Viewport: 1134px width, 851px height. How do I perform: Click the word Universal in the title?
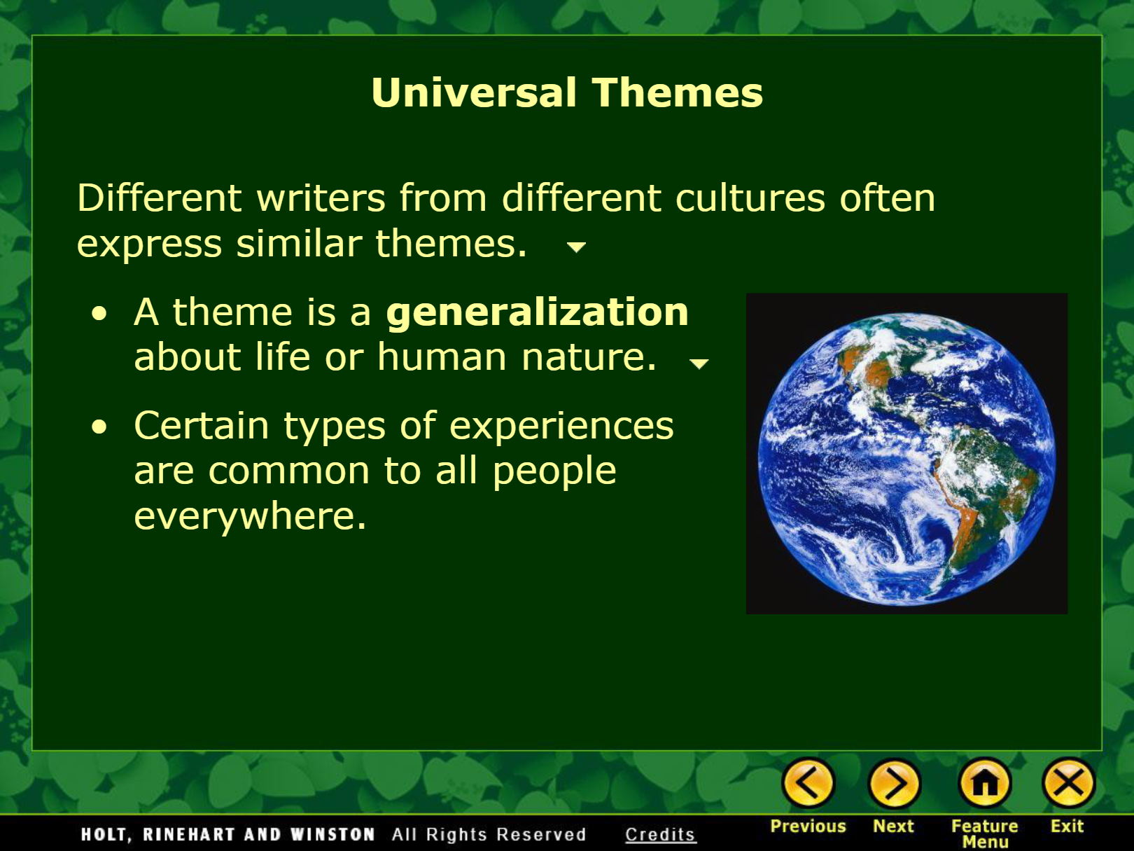point(473,92)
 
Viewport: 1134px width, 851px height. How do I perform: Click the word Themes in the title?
point(677,92)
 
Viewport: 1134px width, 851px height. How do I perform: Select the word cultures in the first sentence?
point(750,198)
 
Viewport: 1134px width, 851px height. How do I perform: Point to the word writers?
point(321,198)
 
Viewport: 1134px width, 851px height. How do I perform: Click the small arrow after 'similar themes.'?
point(576,247)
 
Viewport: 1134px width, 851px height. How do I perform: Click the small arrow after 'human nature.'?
point(699,364)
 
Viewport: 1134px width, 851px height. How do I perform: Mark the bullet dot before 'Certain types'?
point(99,427)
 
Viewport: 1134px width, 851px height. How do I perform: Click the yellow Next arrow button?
point(894,783)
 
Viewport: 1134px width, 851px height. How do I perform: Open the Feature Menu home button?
point(985,783)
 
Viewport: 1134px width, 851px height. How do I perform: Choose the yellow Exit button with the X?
point(1068,783)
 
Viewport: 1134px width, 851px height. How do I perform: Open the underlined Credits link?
point(660,834)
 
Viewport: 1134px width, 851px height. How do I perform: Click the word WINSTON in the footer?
point(332,834)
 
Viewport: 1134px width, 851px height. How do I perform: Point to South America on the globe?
point(976,496)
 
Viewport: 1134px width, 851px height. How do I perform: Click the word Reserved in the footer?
point(541,834)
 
